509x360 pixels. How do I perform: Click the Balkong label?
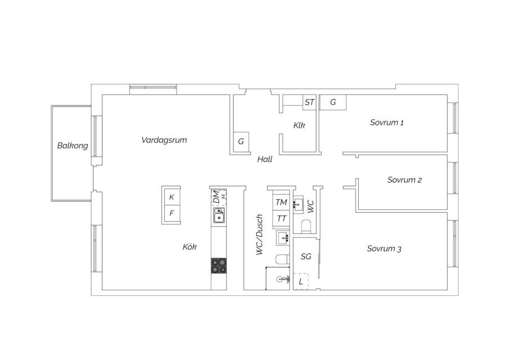[73, 146]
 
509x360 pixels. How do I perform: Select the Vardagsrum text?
[164, 140]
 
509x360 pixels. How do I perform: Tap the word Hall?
[264, 159]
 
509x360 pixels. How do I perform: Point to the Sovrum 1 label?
[386, 123]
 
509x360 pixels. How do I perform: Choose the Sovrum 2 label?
[404, 180]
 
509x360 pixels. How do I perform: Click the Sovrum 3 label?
[384, 249]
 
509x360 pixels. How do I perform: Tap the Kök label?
[190, 247]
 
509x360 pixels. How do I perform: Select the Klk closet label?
[299, 125]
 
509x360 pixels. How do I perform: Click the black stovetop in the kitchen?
[219, 265]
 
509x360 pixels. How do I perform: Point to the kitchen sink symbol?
[219, 215]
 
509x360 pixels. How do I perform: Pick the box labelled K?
[172, 197]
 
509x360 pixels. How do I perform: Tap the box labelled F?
[172, 213]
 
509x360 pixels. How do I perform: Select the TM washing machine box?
[281, 202]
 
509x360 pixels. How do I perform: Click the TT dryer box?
[281, 218]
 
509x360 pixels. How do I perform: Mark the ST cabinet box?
[309, 102]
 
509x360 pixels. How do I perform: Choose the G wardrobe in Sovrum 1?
[333, 102]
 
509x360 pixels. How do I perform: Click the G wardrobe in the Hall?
[241, 142]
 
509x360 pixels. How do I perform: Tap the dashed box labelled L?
[301, 281]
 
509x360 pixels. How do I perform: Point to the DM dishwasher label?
[216, 197]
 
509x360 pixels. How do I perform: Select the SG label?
[306, 256]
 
